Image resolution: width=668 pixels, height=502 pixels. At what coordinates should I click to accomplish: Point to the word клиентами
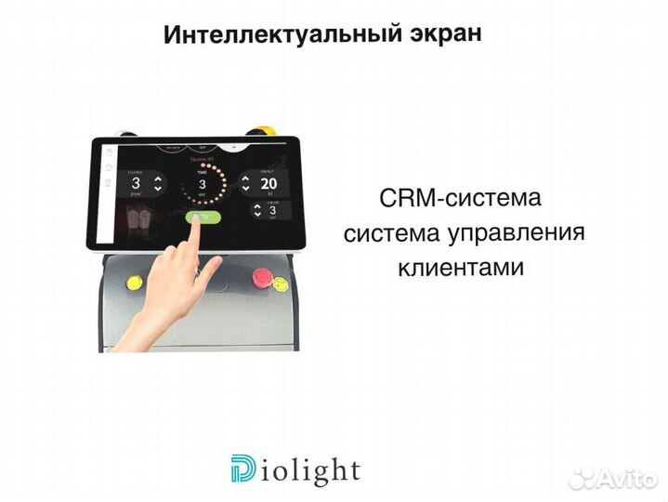(x=461, y=268)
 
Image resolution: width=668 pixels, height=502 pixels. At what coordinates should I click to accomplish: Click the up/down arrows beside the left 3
(x=157, y=183)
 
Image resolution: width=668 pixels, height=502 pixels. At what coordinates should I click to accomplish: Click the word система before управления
(x=384, y=233)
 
